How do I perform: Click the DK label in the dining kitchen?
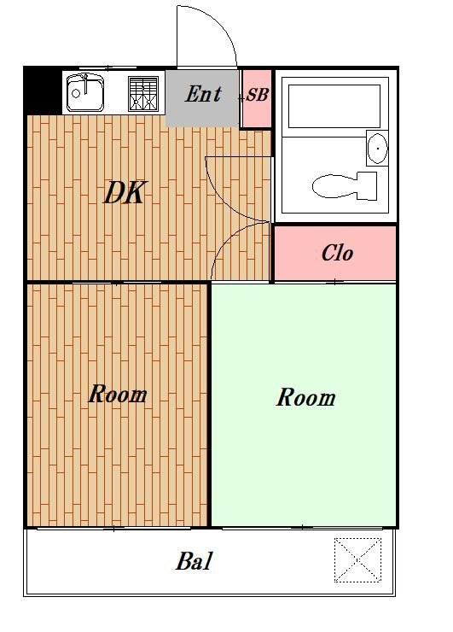125,194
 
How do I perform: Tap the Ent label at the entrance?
203,94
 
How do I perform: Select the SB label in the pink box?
257,96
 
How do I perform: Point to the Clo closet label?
337,254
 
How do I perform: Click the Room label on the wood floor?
118,395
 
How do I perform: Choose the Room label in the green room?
305,398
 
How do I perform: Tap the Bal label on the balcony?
194,562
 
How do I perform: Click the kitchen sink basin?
84,92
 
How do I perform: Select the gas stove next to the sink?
143,92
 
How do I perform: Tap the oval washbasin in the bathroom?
376,149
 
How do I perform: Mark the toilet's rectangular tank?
367,184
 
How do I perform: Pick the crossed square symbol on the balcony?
357,559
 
